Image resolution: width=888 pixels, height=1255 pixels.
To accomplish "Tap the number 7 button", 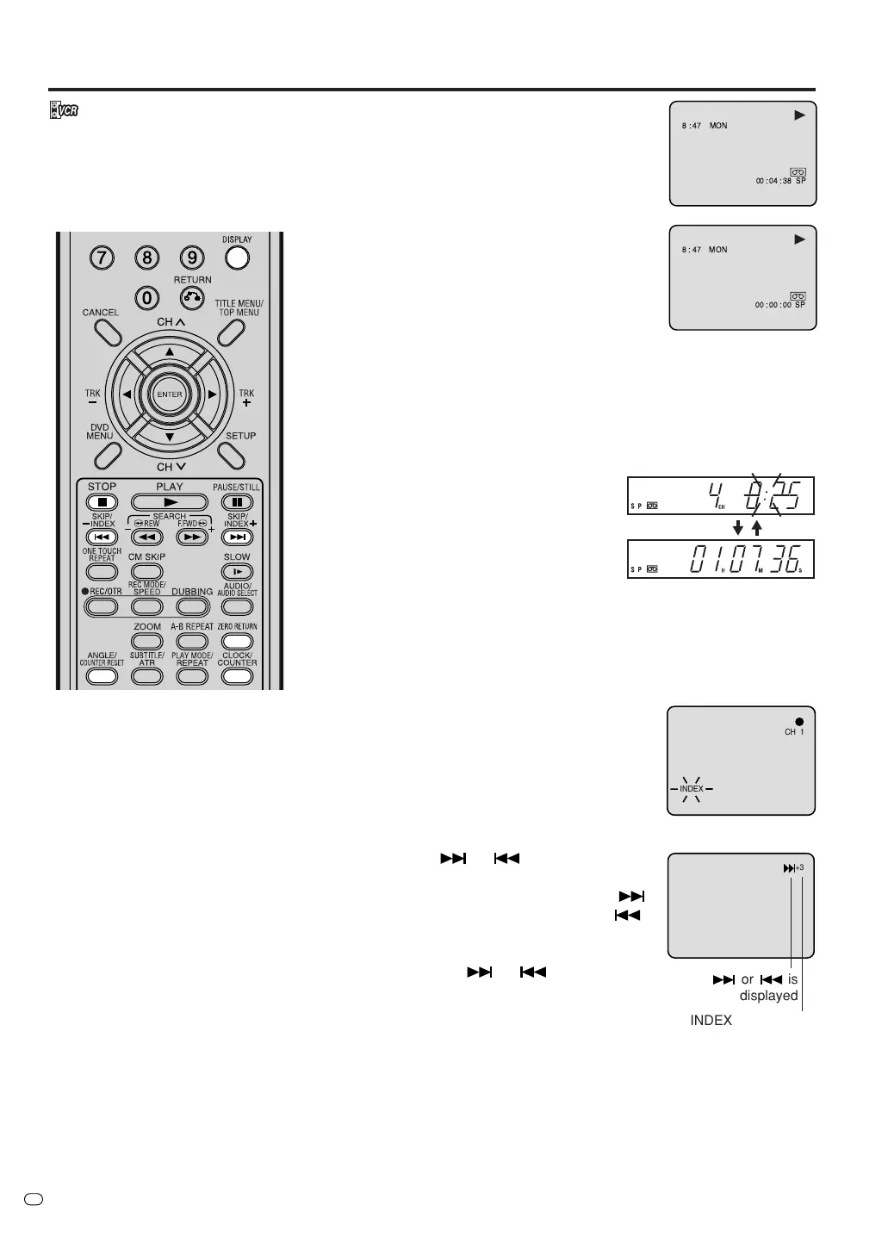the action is tap(102, 257).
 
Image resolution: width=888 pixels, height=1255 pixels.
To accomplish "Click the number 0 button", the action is tap(147, 298).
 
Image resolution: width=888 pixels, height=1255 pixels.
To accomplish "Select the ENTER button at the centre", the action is tap(170, 395).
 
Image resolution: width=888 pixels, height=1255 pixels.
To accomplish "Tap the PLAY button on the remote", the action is tap(170, 502).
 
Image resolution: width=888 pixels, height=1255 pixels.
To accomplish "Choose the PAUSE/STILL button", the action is tap(237, 502).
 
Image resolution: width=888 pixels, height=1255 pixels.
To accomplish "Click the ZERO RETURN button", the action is tap(237, 641).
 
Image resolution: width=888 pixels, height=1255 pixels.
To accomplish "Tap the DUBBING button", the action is tap(191, 606).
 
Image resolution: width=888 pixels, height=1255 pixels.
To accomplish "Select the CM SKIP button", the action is tap(146, 572).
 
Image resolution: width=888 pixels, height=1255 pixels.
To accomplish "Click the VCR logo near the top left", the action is tap(65, 111).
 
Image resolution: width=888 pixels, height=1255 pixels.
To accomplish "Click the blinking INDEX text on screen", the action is tap(692, 789).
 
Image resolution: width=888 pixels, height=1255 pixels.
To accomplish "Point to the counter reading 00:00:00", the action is tap(773, 305).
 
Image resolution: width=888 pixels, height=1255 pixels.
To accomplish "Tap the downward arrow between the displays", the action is tap(738, 528).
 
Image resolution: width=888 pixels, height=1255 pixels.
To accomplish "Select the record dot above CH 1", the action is tap(799, 721).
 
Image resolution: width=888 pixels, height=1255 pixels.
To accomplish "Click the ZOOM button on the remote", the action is tap(147, 641).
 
